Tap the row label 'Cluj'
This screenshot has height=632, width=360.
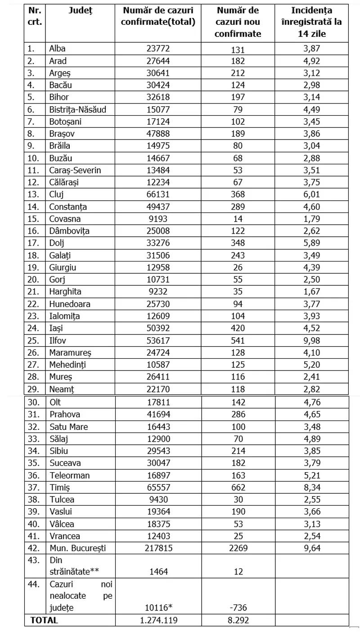pyautogui.click(x=56, y=195)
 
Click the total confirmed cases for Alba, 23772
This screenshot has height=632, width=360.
pyautogui.click(x=158, y=49)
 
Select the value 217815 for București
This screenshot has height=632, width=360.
pyautogui.click(x=158, y=547)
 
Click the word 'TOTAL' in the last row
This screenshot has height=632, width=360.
pyautogui.click(x=44, y=620)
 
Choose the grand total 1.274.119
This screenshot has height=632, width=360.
pyautogui.click(x=158, y=620)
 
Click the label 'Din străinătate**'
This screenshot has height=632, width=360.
pyautogui.click(x=74, y=565)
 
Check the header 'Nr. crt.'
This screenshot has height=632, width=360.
pyautogui.click(x=34, y=17)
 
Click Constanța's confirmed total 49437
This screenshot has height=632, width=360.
pyautogui.click(x=158, y=207)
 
